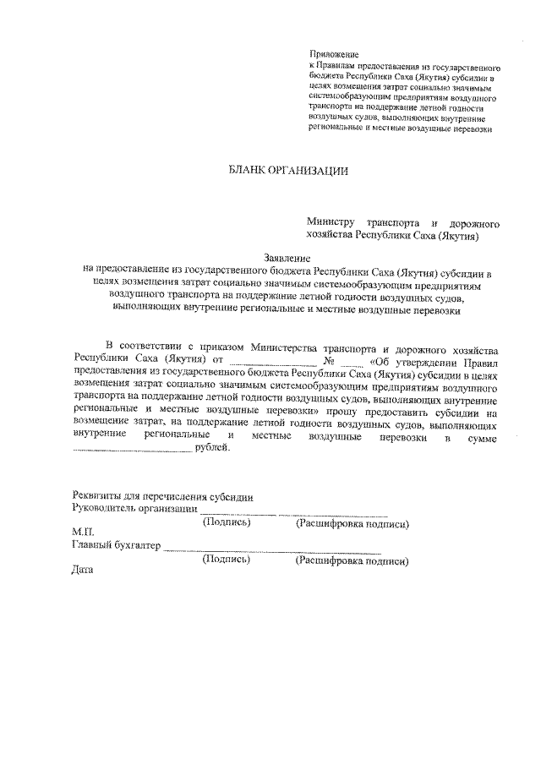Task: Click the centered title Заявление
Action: pos(287,258)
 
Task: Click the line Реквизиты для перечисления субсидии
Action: pos(162,496)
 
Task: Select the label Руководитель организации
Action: pos(135,510)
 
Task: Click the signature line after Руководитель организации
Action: pos(238,512)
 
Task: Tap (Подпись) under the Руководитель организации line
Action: pos(227,523)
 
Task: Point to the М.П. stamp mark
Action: pos(83,534)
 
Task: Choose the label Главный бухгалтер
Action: pos(116,547)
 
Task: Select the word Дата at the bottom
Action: pos(83,569)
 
